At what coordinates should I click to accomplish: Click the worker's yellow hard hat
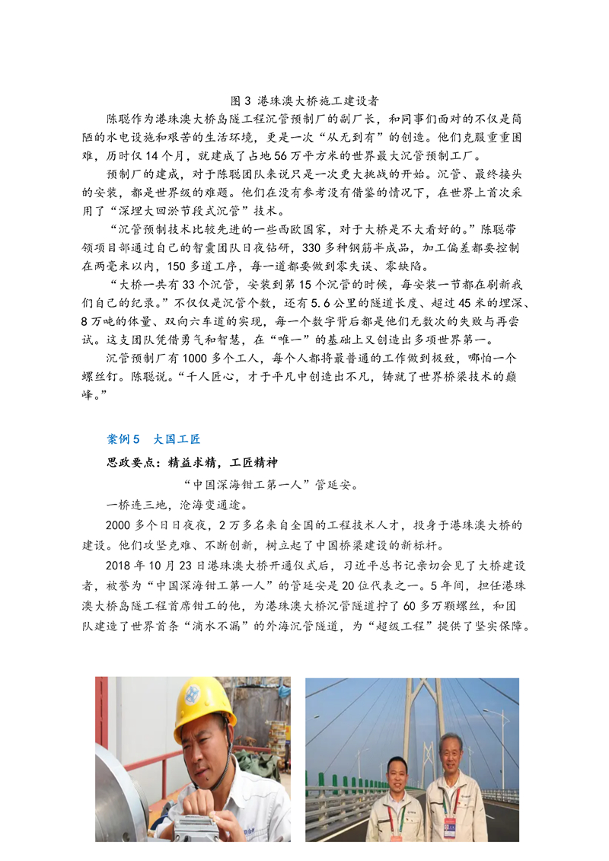pos(203,706)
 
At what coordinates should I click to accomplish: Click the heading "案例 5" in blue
pos(124,439)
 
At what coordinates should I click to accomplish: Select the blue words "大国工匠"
pos(177,439)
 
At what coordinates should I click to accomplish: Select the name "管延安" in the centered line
pos(333,484)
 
